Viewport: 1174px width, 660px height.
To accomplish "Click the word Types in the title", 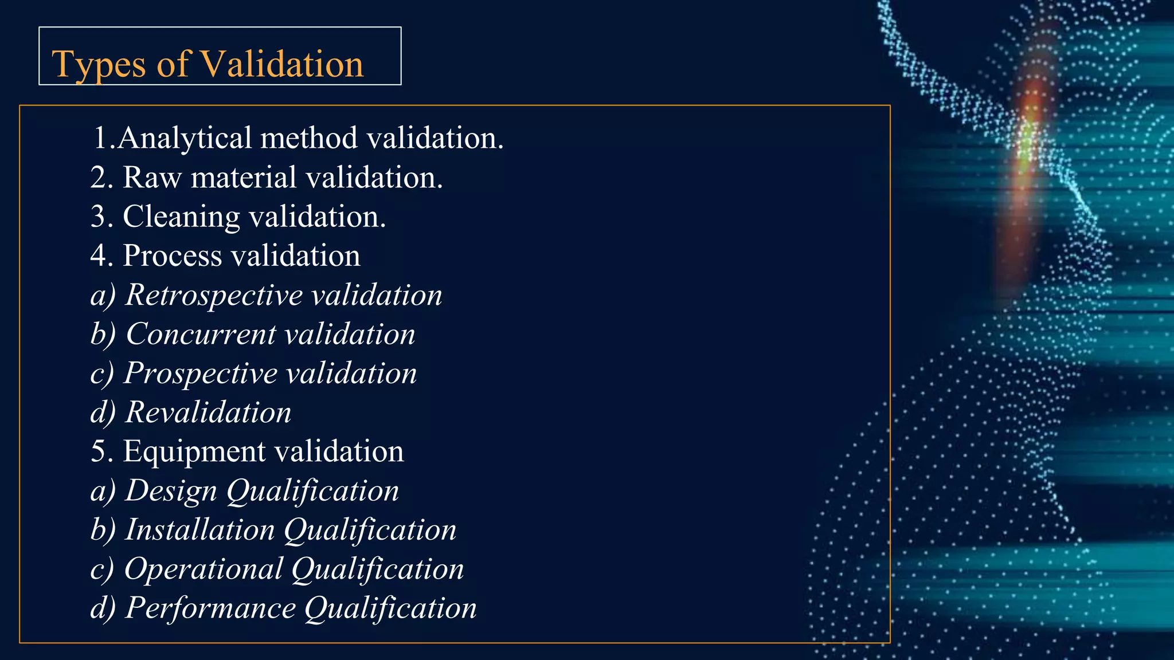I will [99, 64].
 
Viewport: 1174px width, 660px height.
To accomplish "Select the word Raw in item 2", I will [152, 177].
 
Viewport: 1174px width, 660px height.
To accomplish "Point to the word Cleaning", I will [181, 217].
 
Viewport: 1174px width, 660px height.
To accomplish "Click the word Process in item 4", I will [173, 256].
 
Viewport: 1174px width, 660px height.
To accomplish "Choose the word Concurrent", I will [201, 334].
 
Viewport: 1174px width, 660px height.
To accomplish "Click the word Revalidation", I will [208, 412].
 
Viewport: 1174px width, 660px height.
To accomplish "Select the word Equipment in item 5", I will [194, 452].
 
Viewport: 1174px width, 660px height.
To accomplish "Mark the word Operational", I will [204, 569].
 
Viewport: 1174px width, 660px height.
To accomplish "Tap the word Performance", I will [210, 608].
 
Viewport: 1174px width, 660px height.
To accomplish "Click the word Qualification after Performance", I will [390, 608].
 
